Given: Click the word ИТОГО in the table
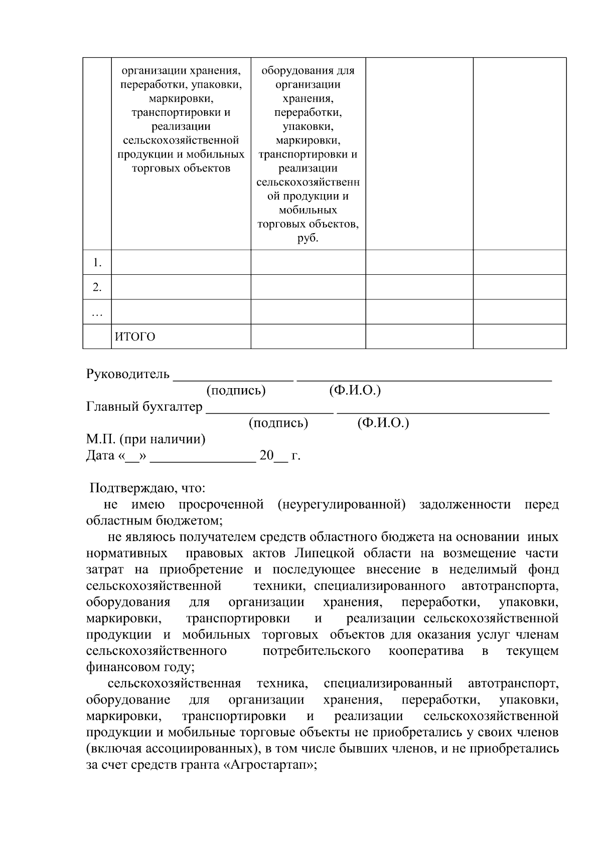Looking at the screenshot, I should [135, 337].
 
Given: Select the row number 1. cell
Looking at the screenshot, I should [97, 262].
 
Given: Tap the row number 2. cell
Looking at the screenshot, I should [97, 287].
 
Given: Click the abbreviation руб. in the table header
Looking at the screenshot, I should [308, 238].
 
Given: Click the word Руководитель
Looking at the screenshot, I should [128, 374].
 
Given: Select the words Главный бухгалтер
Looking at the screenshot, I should [144, 406].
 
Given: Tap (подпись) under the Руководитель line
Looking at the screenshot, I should [236, 390].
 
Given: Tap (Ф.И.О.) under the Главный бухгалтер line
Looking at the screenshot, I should [383, 423].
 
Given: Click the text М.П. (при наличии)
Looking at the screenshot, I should [145, 439].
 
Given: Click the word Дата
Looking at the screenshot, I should [100, 456].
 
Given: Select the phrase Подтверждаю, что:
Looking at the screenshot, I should [147, 488].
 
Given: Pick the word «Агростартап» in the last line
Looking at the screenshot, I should [269, 765].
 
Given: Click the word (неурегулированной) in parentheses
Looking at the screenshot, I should [341, 504].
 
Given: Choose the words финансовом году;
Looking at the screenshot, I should [140, 667].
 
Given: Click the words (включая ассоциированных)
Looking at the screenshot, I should [173, 749].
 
